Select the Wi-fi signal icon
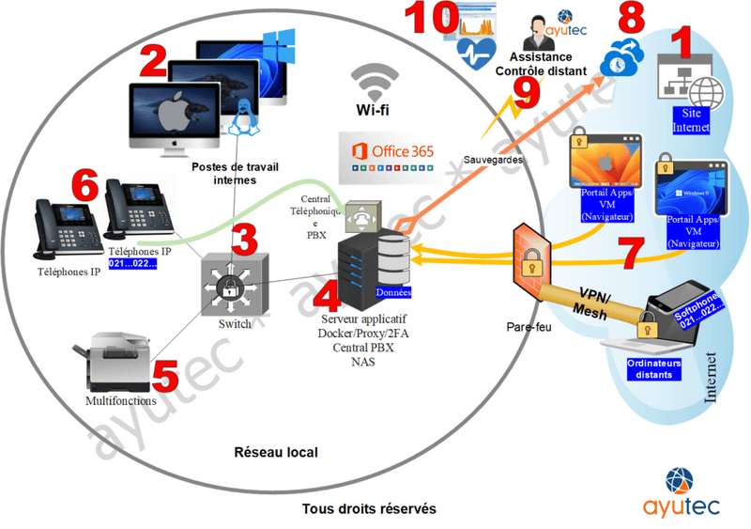tap(373, 86)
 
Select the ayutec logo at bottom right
tap(682, 493)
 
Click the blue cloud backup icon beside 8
tap(621, 57)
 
